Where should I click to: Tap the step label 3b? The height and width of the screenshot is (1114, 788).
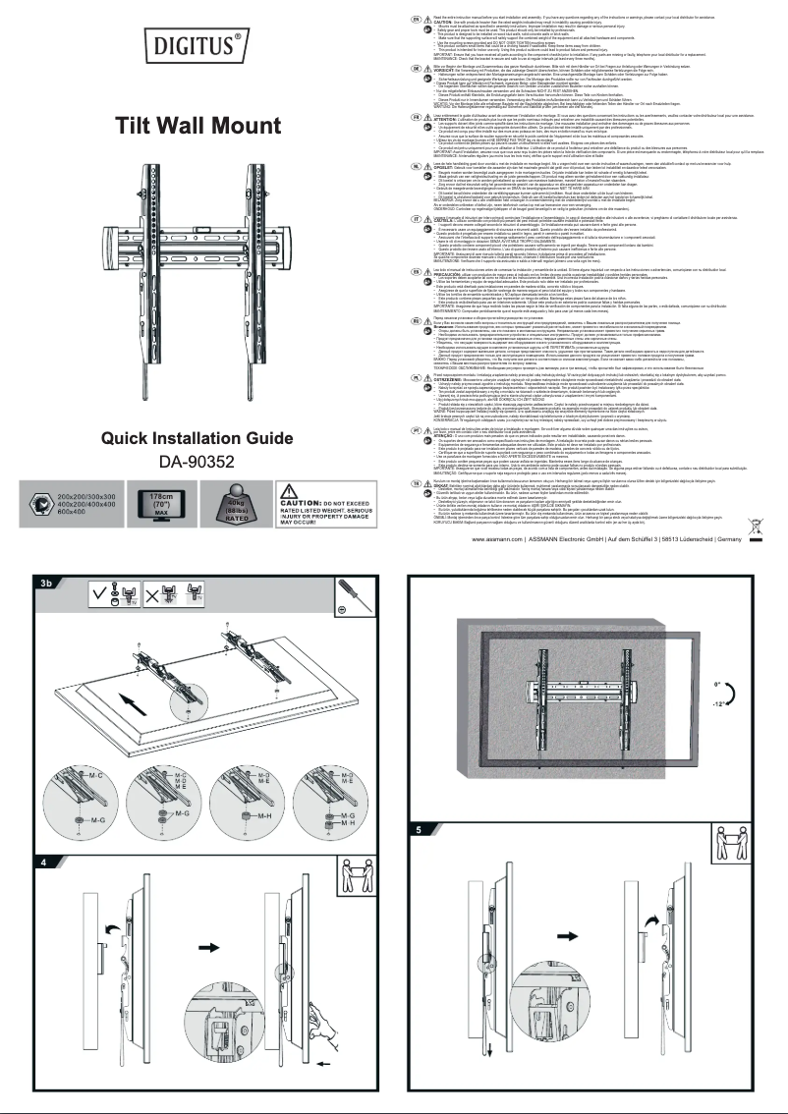[x=46, y=610]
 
